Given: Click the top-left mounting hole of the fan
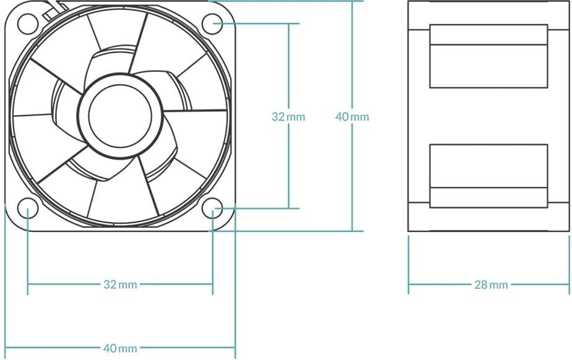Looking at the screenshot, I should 28,24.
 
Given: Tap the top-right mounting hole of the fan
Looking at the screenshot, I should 213,24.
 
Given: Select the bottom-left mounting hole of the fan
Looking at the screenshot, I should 28,209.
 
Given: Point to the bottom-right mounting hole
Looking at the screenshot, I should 213,209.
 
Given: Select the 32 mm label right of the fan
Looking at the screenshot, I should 288,116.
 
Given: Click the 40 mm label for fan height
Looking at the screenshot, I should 352,116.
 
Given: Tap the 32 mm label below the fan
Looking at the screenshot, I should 119,285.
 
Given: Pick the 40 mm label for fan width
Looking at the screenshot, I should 119,348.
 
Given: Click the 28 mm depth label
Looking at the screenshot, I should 490,285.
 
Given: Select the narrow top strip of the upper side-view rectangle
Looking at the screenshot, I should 488,35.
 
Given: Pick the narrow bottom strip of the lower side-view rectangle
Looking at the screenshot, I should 488,197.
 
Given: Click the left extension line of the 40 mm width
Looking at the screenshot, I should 5,278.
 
